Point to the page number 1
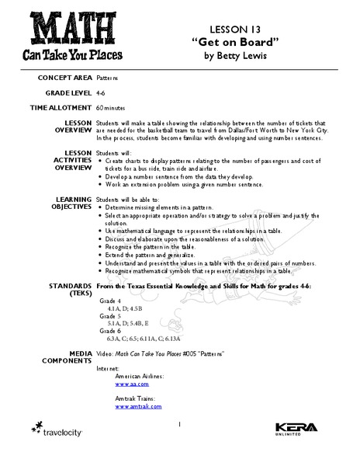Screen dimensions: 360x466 179,424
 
